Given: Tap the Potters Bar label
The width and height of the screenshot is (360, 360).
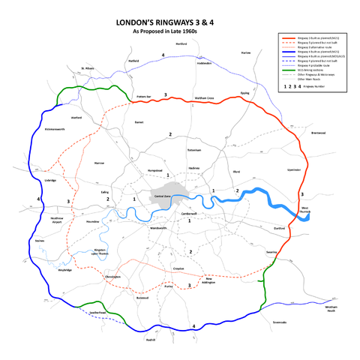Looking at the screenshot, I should coord(145,97).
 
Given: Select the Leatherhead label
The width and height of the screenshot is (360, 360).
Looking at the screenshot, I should coord(100,312).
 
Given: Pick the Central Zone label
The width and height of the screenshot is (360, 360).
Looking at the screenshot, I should coord(163,196).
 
